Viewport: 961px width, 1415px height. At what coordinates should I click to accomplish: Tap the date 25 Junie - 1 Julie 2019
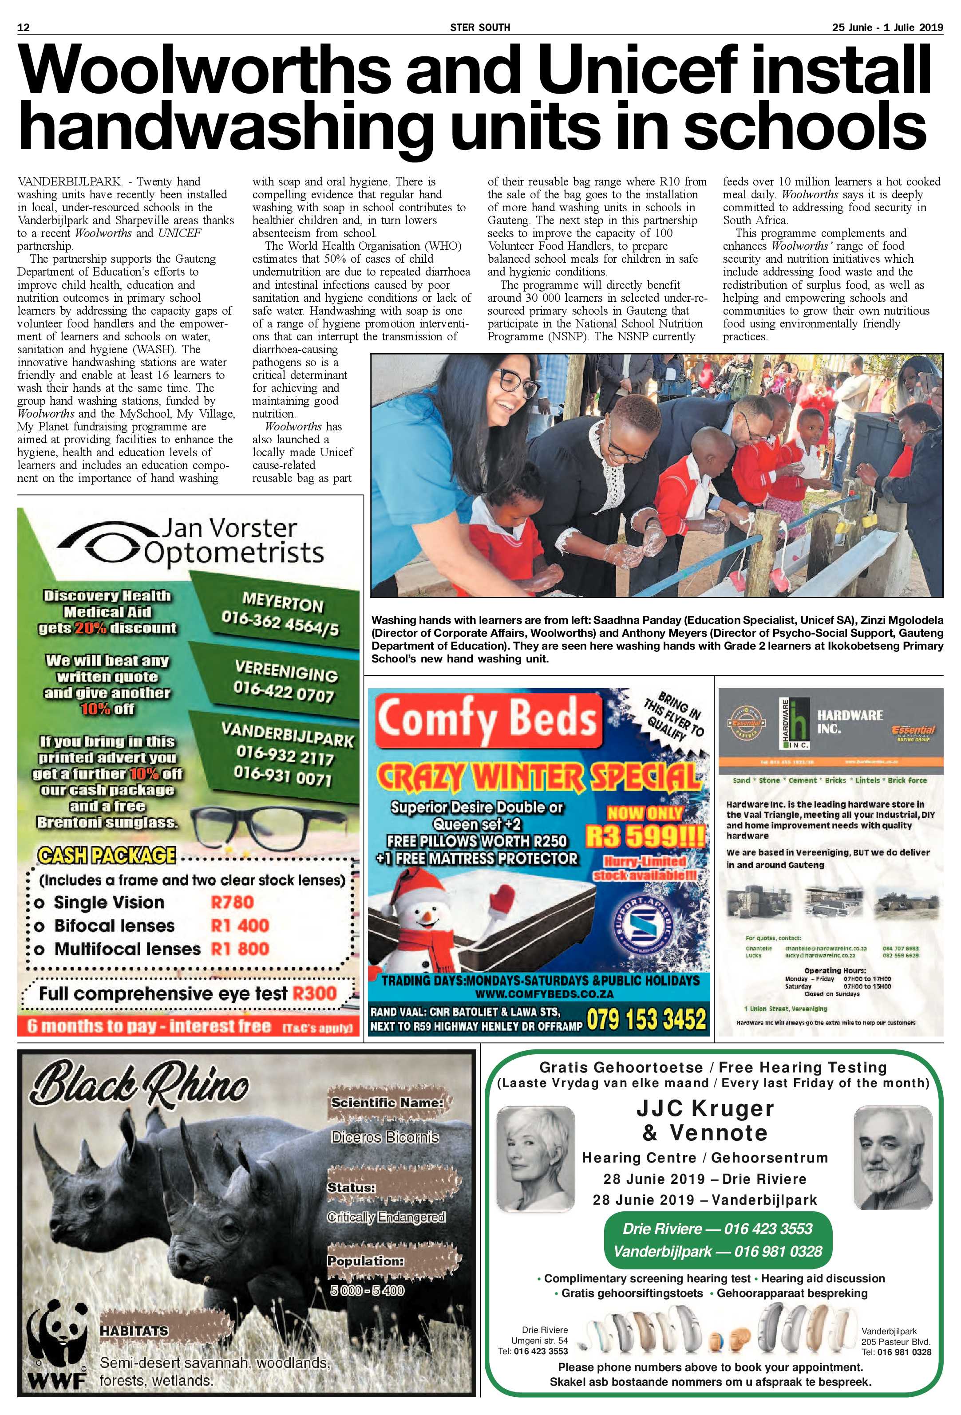coord(887,28)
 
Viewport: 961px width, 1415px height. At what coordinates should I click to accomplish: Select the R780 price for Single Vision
coord(232,903)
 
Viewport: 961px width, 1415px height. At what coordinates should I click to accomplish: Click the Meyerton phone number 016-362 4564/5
coord(280,625)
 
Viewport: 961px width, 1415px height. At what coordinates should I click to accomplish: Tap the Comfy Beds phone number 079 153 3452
coord(646,1019)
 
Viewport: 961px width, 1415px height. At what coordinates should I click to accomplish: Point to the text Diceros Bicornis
coord(385,1137)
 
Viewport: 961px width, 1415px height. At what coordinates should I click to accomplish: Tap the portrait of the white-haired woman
coord(535,1159)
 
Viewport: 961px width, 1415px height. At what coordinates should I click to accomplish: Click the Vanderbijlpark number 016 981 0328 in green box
coord(717,1251)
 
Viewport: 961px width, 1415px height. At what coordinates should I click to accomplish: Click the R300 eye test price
coord(314,993)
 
